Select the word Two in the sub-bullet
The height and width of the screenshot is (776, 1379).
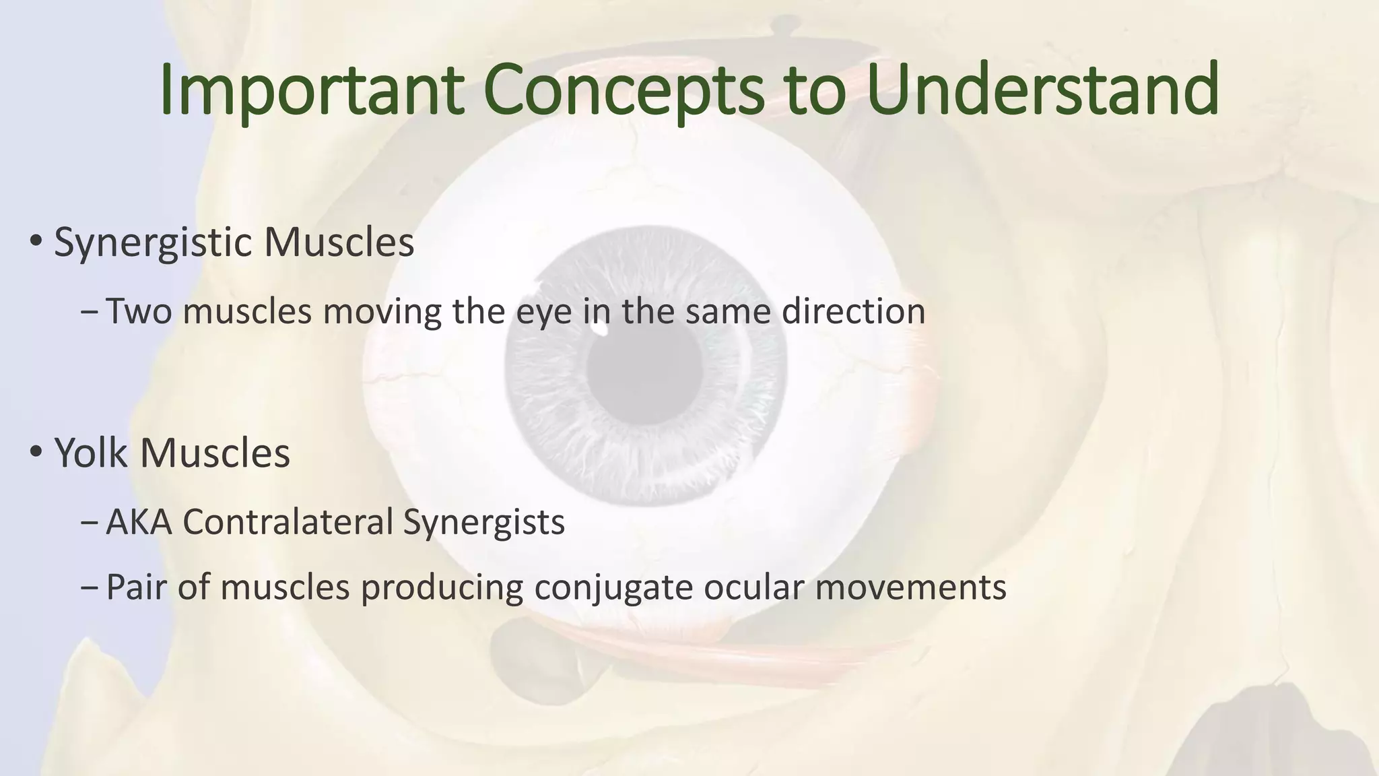click(139, 312)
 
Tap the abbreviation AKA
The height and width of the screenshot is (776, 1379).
click(139, 522)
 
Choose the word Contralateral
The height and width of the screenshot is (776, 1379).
click(288, 522)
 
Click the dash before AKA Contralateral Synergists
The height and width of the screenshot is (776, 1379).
click(89, 523)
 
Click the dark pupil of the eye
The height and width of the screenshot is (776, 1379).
click(644, 367)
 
